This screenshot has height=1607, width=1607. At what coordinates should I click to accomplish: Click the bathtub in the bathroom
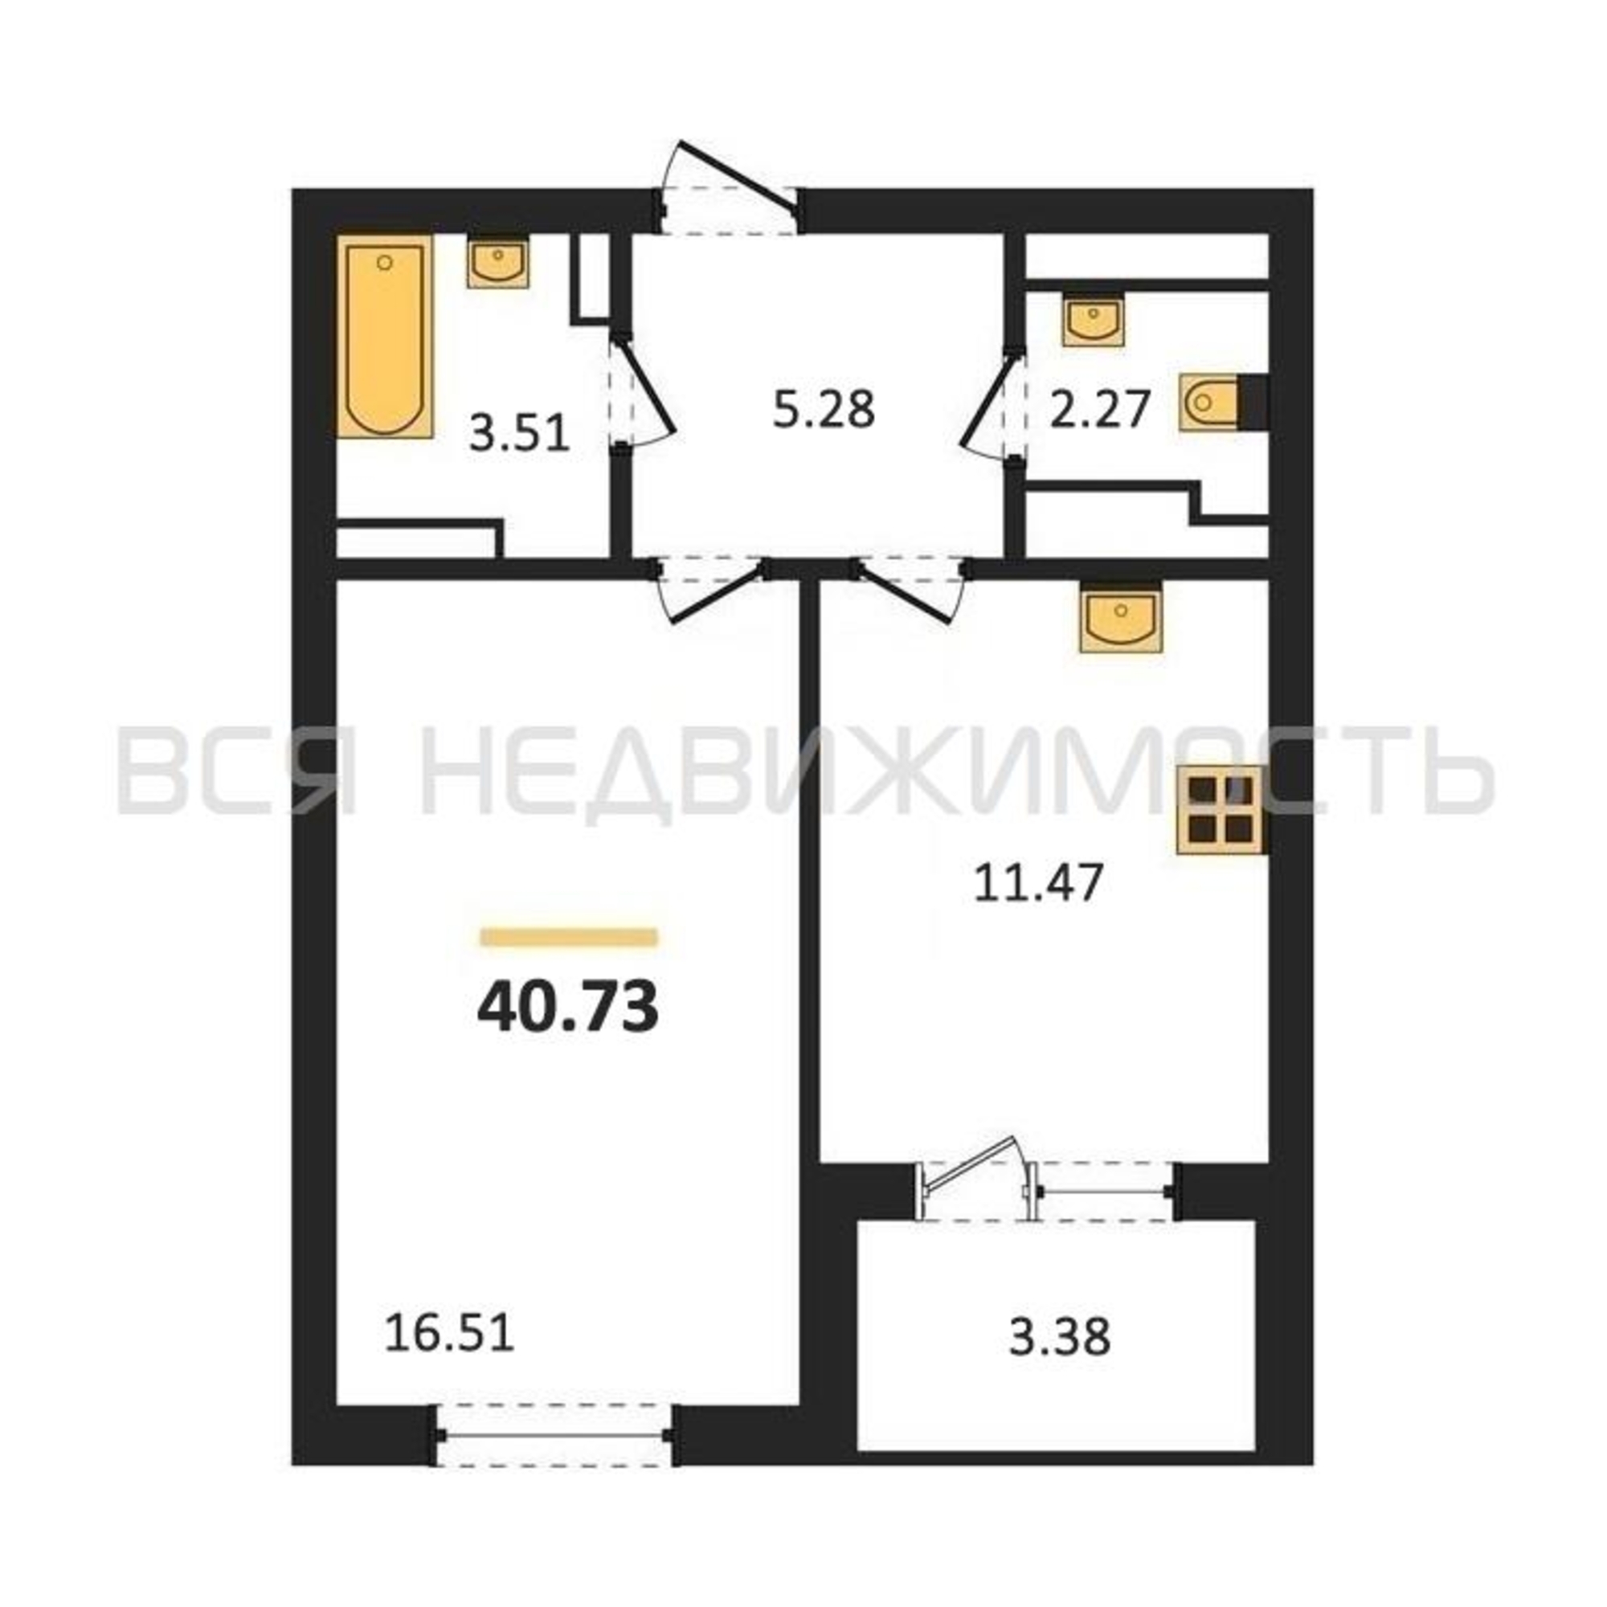385,336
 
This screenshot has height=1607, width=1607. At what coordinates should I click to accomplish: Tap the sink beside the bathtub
498,263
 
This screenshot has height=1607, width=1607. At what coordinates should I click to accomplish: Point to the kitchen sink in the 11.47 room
1120,615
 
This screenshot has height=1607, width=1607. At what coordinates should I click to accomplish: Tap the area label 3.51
520,434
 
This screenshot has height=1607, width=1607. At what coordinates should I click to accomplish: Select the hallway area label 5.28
824,410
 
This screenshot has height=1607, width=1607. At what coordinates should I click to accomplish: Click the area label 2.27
1100,410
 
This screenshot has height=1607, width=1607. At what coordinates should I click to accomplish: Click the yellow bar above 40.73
569,938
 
